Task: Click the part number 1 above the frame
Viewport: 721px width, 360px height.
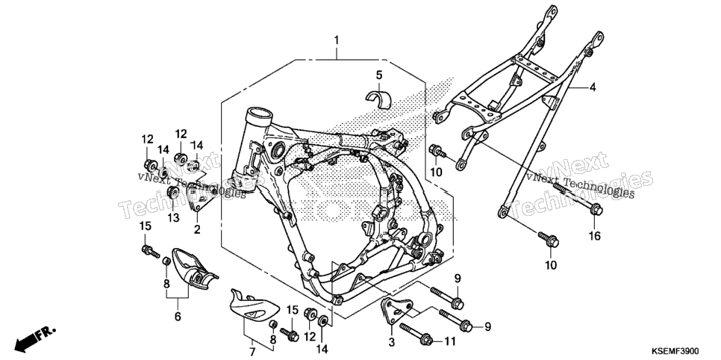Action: (x=336, y=40)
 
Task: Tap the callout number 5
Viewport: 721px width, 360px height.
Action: (x=379, y=75)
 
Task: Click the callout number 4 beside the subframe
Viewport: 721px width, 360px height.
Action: (x=593, y=87)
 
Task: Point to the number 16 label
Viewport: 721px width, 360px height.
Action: (x=595, y=236)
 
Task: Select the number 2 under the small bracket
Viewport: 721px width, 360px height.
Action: (x=197, y=229)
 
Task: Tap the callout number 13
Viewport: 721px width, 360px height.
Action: (x=173, y=218)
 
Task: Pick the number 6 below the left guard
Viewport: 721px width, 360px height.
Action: (x=178, y=316)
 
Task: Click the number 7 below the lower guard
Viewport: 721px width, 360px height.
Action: (x=252, y=353)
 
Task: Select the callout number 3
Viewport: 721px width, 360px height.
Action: (x=391, y=342)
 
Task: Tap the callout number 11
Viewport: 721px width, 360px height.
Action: (x=449, y=341)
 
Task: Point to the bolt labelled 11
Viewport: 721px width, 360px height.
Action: (x=416, y=335)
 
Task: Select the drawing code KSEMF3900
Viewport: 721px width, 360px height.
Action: (x=682, y=351)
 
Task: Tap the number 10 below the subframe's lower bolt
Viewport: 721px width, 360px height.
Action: (x=551, y=264)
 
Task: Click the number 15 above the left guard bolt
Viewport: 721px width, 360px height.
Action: (x=146, y=226)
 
